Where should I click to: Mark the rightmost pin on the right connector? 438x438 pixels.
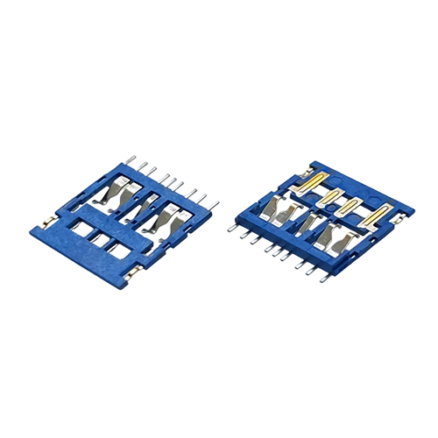coord(326,279)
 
